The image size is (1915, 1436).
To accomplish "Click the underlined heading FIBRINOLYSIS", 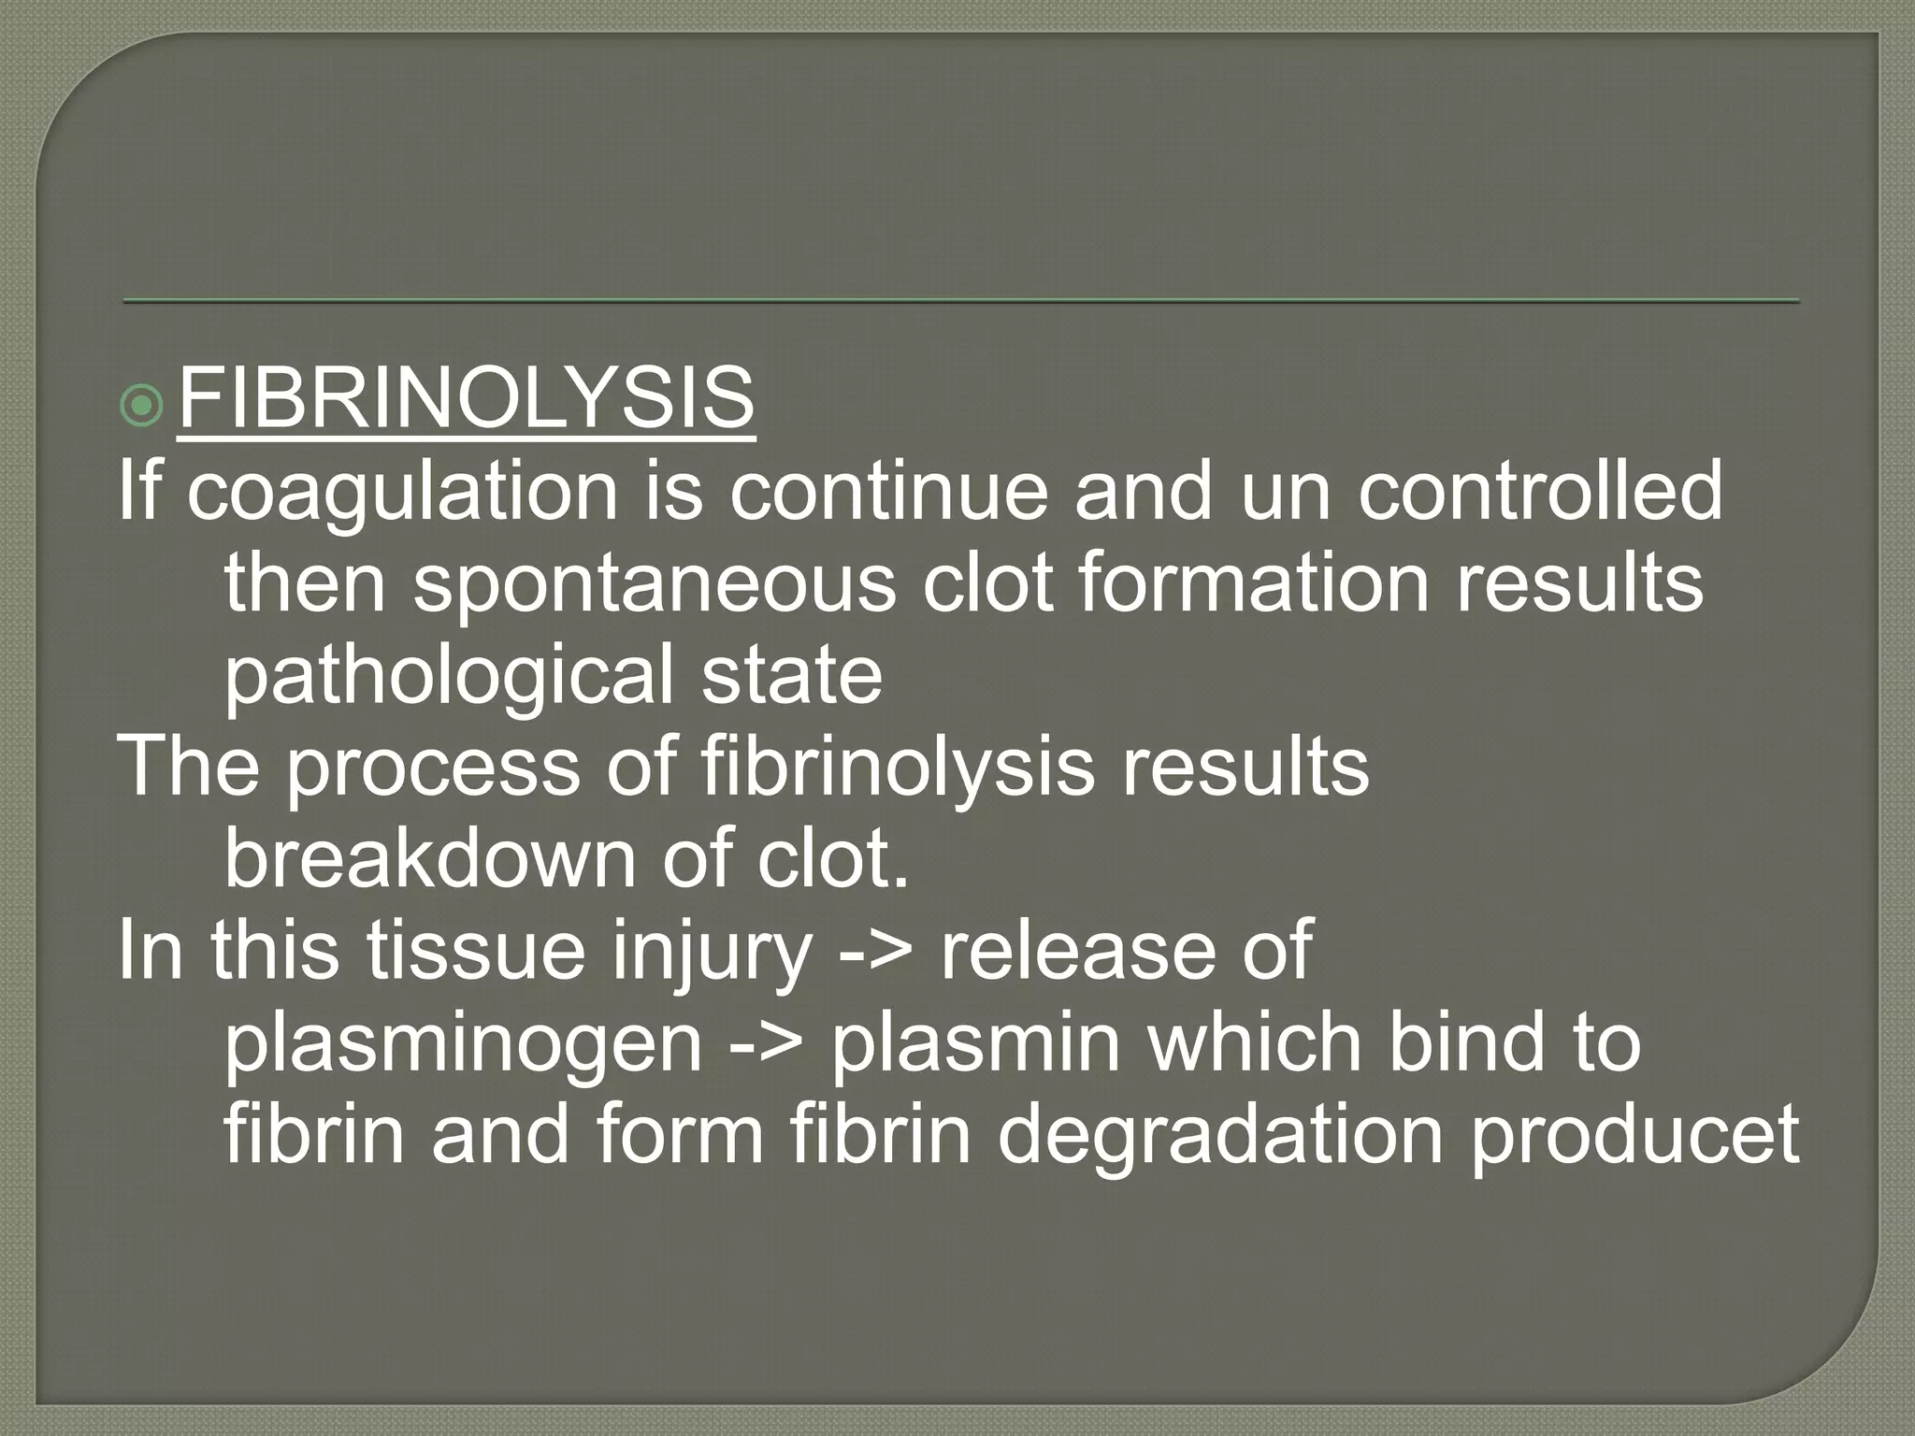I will [466, 399].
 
